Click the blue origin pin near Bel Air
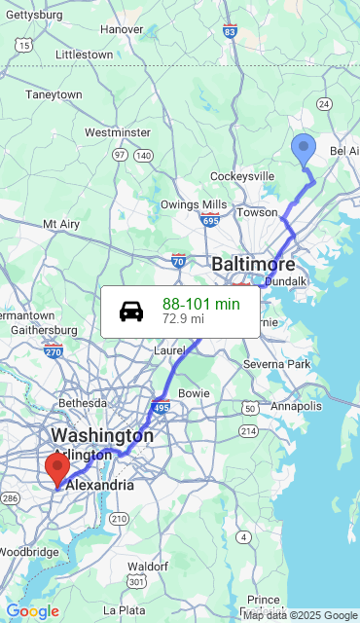coord(304,150)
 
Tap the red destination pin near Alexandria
coord(57,468)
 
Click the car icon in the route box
coord(131,311)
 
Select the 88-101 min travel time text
coord(200,305)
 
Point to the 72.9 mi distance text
coord(183,318)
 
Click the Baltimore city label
coord(253,264)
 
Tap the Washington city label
coord(101,435)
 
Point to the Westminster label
coord(117,131)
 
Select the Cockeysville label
coord(243,176)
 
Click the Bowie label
coord(194,392)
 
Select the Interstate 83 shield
coord(230,31)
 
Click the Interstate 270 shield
coord(53,350)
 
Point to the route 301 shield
coord(136,581)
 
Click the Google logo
coord(33,611)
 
